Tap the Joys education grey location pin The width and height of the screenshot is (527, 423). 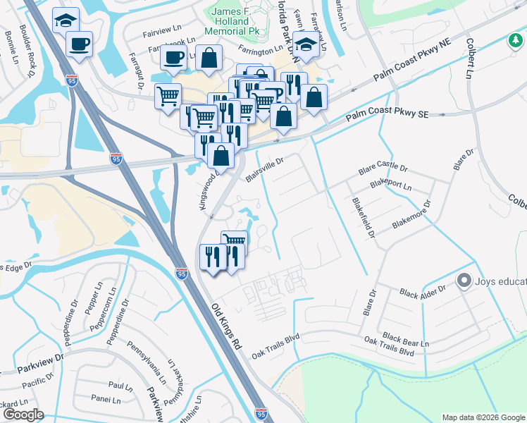tap(464, 281)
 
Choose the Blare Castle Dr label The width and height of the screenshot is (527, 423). tap(383, 170)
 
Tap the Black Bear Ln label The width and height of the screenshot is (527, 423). tap(405, 340)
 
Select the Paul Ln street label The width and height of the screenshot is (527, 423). tap(120, 386)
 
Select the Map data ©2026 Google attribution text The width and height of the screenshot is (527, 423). tap(483, 417)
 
